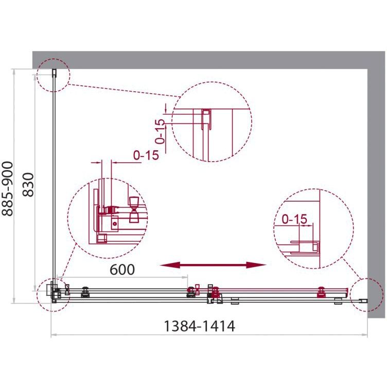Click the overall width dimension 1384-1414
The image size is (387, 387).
point(200,326)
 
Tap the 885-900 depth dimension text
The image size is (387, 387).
point(7,189)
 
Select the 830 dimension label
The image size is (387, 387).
point(28,185)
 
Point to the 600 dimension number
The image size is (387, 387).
point(122,269)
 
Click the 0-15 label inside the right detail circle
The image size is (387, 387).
point(294,219)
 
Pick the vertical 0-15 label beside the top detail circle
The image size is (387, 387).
point(161,132)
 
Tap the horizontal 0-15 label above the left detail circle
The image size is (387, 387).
point(146,155)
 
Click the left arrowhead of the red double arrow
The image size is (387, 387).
point(169,266)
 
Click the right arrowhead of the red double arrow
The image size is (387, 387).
point(257,266)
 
